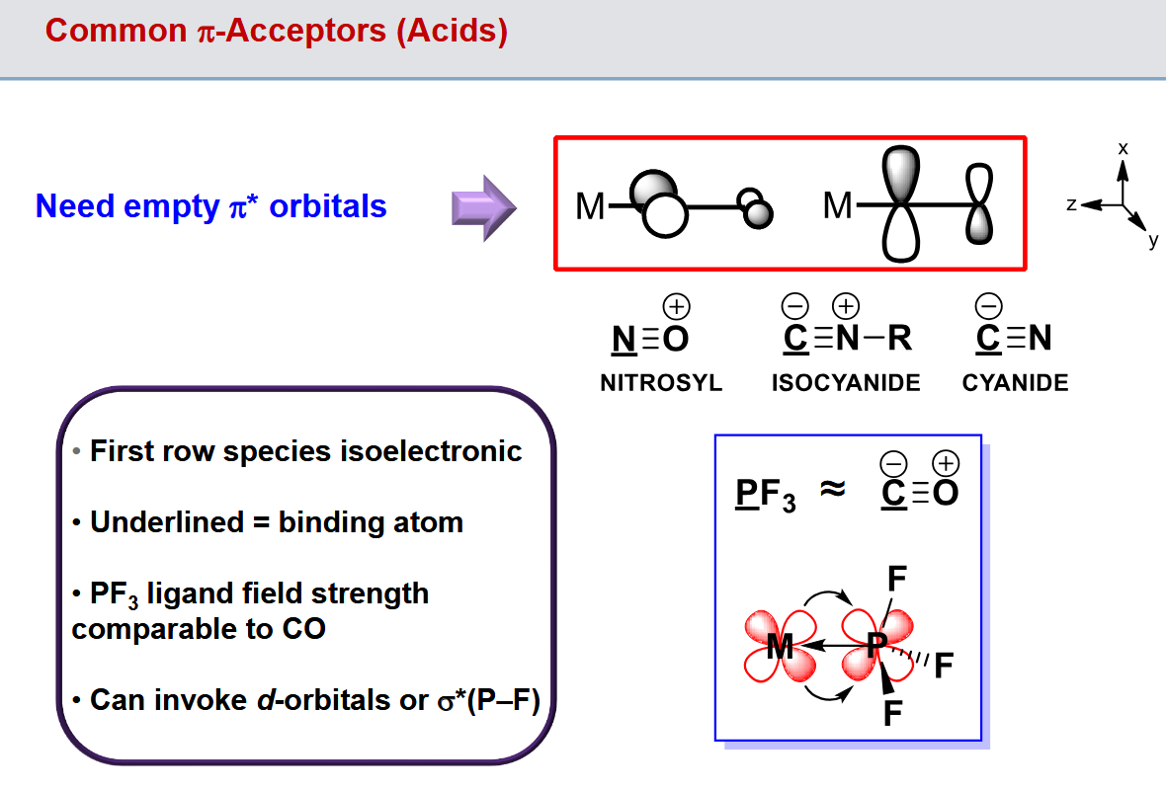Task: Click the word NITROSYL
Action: pos(661,383)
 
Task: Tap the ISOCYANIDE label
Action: pos(846,383)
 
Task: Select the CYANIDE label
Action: pos(1015,383)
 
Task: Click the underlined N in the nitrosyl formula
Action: pos(624,339)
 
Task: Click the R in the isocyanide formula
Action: pos(899,339)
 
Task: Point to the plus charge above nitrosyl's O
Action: pos(677,305)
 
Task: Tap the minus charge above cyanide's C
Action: pos(988,305)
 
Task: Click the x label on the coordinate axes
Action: pos(1123,147)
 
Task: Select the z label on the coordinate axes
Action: pos(1071,203)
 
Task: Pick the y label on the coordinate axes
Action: pos(1152,240)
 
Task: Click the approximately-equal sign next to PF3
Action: pos(833,489)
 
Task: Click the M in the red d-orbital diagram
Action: pos(781,647)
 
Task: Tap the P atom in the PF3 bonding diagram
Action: pos(876,647)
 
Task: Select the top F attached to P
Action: pos(897,578)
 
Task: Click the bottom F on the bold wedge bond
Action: pos(892,713)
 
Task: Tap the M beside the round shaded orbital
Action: pos(590,207)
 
